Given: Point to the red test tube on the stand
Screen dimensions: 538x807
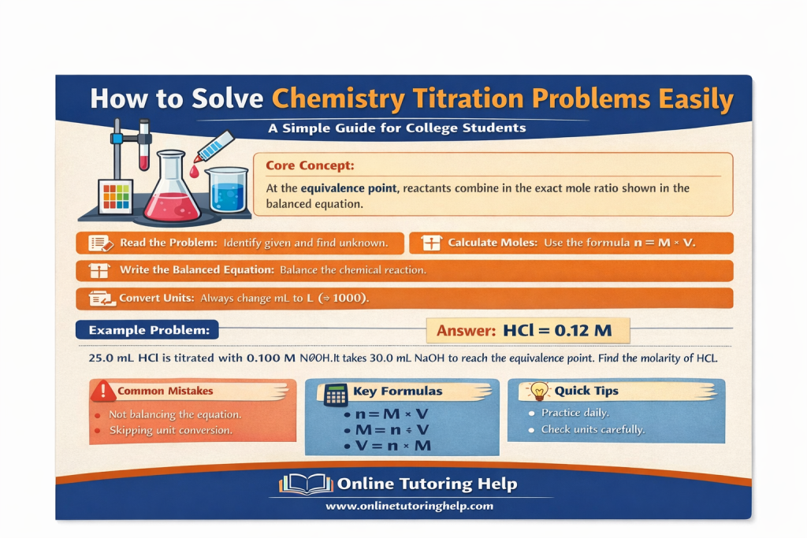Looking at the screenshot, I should click(x=143, y=146).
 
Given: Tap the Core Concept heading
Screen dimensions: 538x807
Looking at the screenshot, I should click(x=310, y=166).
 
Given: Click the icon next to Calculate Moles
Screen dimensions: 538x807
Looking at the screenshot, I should click(x=432, y=243).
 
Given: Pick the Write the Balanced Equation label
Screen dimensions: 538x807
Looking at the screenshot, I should click(x=196, y=270).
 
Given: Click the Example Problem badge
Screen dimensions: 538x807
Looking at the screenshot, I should click(x=148, y=329).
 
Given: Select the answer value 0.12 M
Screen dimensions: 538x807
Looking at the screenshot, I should click(x=583, y=331).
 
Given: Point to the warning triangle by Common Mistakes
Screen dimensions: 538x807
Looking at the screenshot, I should click(x=102, y=391).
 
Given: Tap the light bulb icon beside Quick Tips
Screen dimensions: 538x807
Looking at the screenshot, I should click(x=539, y=390).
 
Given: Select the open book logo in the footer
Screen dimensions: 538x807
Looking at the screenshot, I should click(x=306, y=484).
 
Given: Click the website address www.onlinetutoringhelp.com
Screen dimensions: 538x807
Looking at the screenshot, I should click(x=409, y=506).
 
